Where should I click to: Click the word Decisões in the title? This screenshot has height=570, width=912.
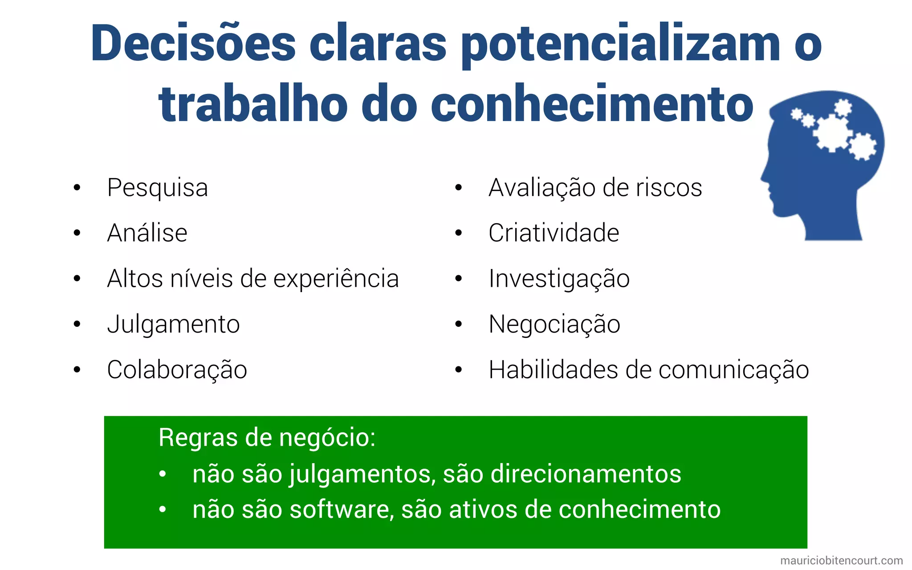(x=193, y=44)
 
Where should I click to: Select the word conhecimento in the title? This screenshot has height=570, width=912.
(x=592, y=104)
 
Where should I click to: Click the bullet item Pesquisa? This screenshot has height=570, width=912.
(x=157, y=187)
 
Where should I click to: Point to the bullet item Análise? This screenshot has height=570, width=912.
(x=147, y=233)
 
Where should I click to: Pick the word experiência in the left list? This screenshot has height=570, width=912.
(x=336, y=279)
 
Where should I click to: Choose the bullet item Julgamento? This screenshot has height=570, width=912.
(x=173, y=324)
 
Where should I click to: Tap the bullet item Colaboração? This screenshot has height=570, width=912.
(x=177, y=370)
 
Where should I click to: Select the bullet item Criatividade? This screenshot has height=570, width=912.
(x=554, y=233)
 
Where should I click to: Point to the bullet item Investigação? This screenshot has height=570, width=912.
(x=559, y=279)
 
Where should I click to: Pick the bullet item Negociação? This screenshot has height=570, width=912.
(x=554, y=324)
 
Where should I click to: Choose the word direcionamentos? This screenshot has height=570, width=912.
(x=586, y=474)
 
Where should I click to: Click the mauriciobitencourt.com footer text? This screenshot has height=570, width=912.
(x=841, y=561)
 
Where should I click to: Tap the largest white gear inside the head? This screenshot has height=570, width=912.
(x=832, y=132)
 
